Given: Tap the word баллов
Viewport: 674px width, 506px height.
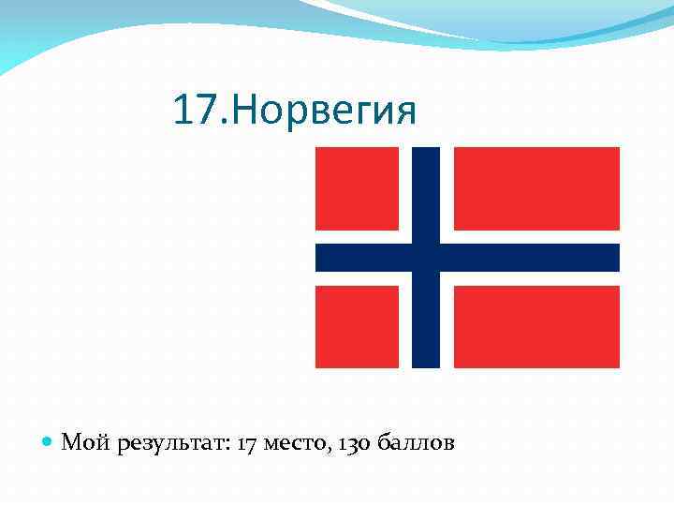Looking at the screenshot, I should coord(417,442).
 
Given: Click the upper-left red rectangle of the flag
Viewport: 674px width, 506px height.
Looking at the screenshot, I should coord(358,187).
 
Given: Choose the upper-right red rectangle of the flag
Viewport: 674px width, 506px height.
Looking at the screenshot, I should coord(536,187).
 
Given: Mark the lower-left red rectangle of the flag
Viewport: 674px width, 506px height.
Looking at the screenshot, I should coord(358,326).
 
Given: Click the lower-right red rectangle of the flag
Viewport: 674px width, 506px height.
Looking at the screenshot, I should coord(536,326).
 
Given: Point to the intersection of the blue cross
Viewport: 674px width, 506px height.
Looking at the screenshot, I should coord(426,257).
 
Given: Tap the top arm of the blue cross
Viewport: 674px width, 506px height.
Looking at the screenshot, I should coord(426,192).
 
